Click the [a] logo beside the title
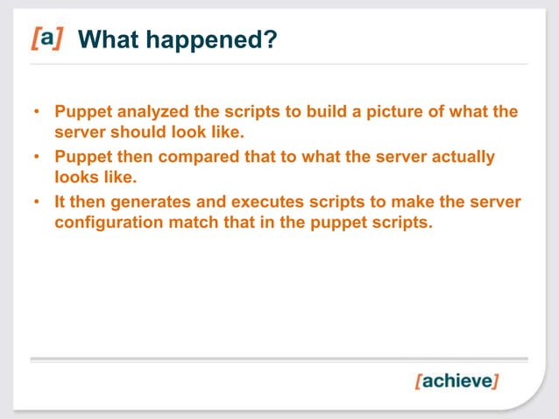pos(47,39)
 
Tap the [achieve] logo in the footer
pos(456,382)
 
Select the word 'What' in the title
pos(109,39)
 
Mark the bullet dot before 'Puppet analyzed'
pos(37,114)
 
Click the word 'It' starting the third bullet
pos(60,202)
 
